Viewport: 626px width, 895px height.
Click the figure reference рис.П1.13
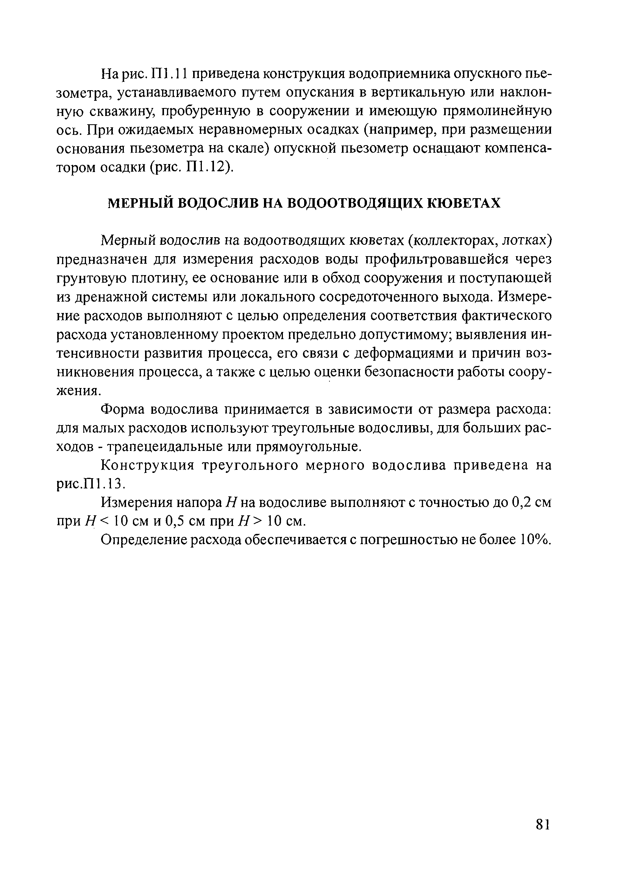(x=90, y=484)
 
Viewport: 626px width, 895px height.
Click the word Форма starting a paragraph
(x=123, y=409)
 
